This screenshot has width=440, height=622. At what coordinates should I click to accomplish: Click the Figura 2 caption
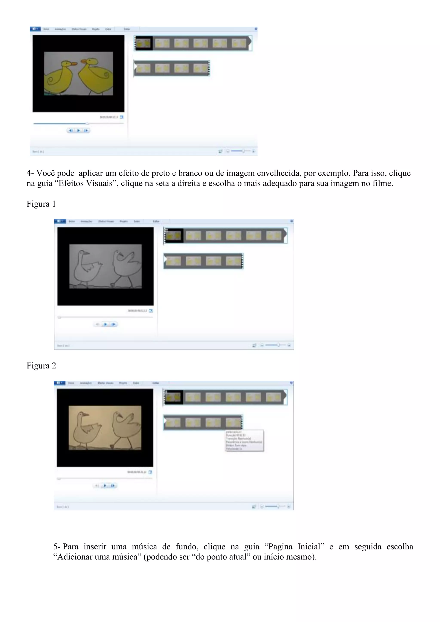41,366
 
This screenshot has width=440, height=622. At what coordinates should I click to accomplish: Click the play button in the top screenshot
78,130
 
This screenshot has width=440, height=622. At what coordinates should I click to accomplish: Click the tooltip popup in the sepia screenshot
244,441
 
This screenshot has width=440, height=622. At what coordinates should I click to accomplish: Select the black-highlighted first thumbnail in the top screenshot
143,43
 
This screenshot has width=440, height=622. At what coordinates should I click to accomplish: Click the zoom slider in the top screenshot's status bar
243,151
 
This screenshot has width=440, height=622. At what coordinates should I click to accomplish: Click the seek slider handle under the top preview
87,123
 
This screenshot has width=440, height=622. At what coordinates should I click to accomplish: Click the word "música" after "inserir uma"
144,547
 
